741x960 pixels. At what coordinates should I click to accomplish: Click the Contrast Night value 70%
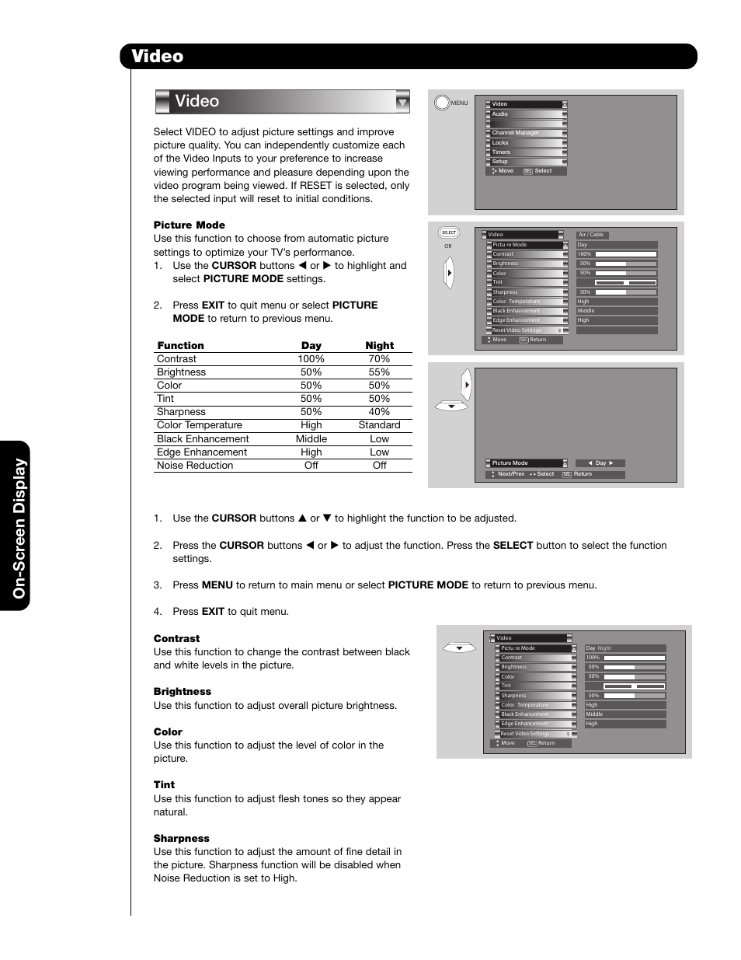pyautogui.click(x=379, y=359)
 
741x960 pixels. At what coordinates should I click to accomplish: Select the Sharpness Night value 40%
pyautogui.click(x=379, y=412)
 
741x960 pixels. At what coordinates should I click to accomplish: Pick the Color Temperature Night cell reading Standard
pyautogui.click(x=379, y=425)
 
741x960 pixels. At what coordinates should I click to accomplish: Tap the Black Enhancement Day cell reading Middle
pyautogui.click(x=311, y=439)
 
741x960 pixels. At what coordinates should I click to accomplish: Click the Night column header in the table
pyautogui.click(x=379, y=346)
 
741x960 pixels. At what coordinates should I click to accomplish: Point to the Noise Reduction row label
pyautogui.click(x=195, y=466)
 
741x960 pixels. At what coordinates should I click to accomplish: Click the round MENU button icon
pyautogui.click(x=442, y=103)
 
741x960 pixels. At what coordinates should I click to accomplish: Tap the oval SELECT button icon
pyautogui.click(x=449, y=232)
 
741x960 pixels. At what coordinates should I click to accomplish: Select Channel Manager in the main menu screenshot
pyautogui.click(x=516, y=133)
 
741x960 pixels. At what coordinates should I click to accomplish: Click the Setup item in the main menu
pyautogui.click(x=500, y=162)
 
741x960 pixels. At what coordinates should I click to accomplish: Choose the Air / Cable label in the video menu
pyautogui.click(x=591, y=235)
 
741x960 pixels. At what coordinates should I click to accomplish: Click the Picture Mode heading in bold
pyautogui.click(x=189, y=225)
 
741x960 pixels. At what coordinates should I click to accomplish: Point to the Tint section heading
pyautogui.click(x=164, y=785)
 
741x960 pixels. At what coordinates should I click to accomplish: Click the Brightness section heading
pyautogui.click(x=182, y=692)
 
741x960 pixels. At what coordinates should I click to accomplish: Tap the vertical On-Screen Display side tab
pyautogui.click(x=19, y=527)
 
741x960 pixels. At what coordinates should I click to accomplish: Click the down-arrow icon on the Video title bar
pyautogui.click(x=402, y=102)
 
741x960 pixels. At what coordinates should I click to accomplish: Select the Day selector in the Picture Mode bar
pyautogui.click(x=600, y=463)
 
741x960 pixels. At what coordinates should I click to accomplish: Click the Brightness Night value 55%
pyautogui.click(x=379, y=372)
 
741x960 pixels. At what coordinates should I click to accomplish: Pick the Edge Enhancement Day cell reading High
pyautogui.click(x=311, y=452)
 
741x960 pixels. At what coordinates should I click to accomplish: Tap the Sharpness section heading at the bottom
pyautogui.click(x=181, y=839)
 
